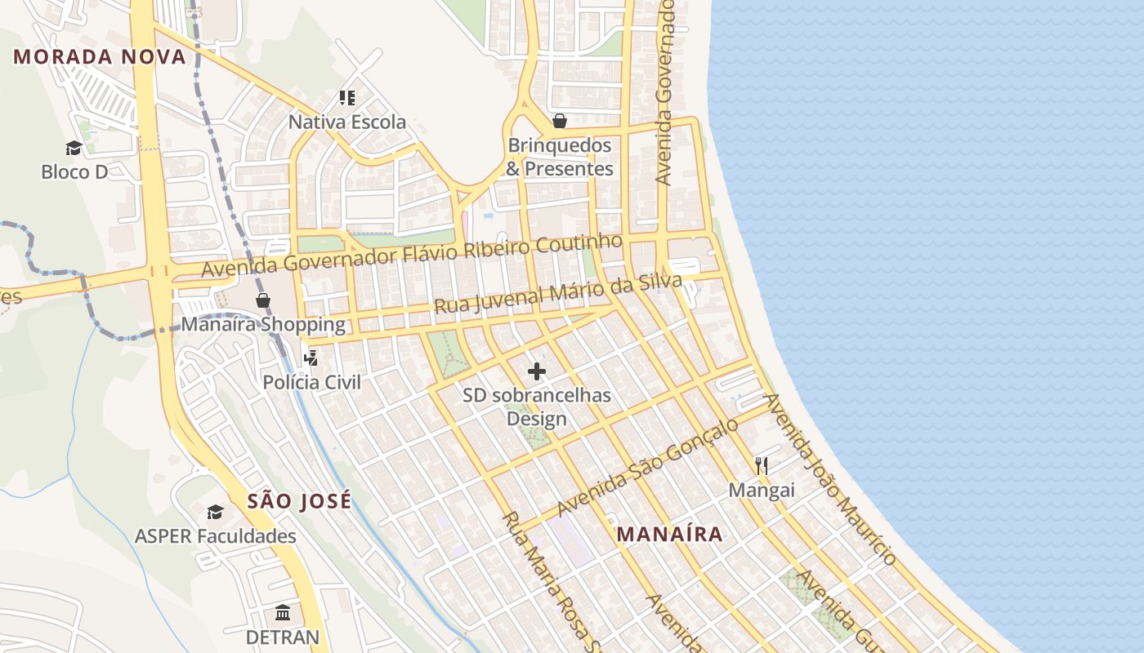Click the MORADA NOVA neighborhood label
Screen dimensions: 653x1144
click(100, 56)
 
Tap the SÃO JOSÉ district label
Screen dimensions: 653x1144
click(299, 500)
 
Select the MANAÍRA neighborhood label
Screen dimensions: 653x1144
click(669, 534)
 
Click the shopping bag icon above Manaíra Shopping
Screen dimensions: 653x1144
click(263, 300)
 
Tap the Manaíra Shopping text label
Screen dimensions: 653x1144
click(263, 324)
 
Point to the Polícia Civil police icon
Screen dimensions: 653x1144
click(311, 358)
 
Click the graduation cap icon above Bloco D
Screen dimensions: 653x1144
click(74, 148)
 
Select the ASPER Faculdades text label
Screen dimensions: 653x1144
click(215, 536)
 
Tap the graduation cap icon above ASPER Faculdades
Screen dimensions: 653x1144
click(215, 512)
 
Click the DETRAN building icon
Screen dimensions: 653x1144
click(283, 612)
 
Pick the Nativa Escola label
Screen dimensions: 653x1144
click(346, 122)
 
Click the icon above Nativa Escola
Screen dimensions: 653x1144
click(347, 98)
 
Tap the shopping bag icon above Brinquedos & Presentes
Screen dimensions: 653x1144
click(560, 122)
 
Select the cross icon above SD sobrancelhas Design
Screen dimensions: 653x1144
click(537, 371)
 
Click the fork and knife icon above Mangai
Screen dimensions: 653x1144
click(762, 465)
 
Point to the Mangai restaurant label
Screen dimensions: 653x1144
click(762, 490)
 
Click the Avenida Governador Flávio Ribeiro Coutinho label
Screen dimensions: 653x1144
click(412, 255)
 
